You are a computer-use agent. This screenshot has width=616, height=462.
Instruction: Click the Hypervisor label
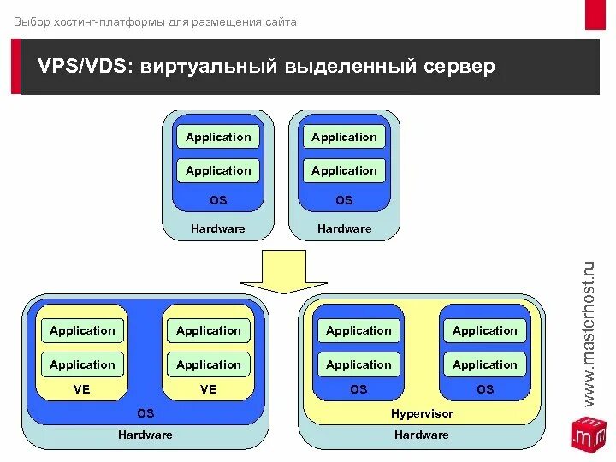(422, 413)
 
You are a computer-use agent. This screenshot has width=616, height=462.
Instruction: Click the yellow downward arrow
(283, 272)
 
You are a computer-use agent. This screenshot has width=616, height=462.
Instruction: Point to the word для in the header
(179, 21)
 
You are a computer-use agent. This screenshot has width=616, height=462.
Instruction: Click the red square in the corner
(595, 14)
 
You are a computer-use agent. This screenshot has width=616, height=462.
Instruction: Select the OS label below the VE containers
(145, 413)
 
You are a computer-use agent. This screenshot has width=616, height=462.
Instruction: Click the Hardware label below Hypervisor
(422, 435)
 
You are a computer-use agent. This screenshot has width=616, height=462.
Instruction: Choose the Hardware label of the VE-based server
(145, 435)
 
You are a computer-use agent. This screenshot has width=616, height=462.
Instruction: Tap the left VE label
(82, 389)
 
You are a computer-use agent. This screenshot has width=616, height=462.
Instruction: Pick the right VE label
(209, 389)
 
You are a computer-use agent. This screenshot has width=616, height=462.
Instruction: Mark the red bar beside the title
(15, 67)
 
